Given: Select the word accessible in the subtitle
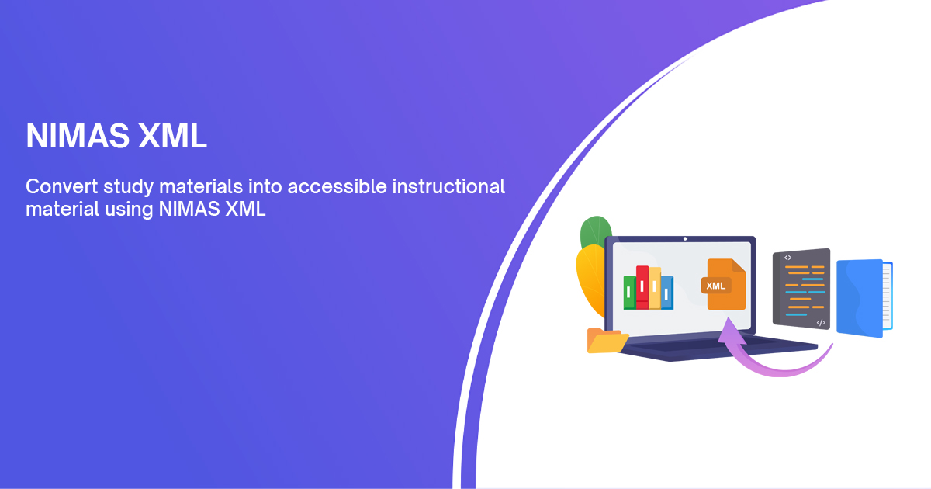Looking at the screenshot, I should [351, 187].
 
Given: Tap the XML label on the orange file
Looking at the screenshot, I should [716, 286].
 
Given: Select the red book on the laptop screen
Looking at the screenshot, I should [642, 287].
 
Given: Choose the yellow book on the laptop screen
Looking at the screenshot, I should [655, 289].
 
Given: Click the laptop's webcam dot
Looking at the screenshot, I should [684, 239].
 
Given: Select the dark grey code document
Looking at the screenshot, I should [801, 287].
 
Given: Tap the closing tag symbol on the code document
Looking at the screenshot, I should [821, 321].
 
